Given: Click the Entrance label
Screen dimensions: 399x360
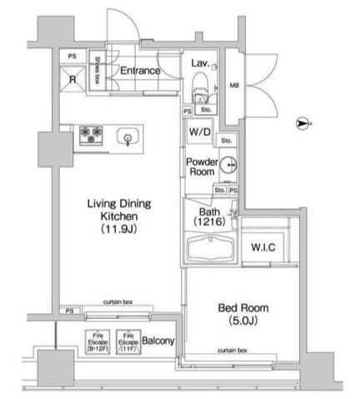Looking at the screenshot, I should click(x=139, y=71).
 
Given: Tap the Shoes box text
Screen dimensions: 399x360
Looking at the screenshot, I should click(x=97, y=70).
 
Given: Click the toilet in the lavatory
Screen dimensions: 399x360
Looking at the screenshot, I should click(x=201, y=86).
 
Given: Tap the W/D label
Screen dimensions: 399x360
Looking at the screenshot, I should click(x=199, y=132).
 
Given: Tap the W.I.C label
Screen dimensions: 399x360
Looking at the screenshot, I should click(x=264, y=248).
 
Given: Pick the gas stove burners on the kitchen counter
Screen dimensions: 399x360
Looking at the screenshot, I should click(x=91, y=133).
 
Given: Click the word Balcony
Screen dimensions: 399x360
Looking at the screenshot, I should click(x=157, y=342).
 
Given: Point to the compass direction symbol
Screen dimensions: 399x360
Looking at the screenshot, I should click(x=302, y=124).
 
